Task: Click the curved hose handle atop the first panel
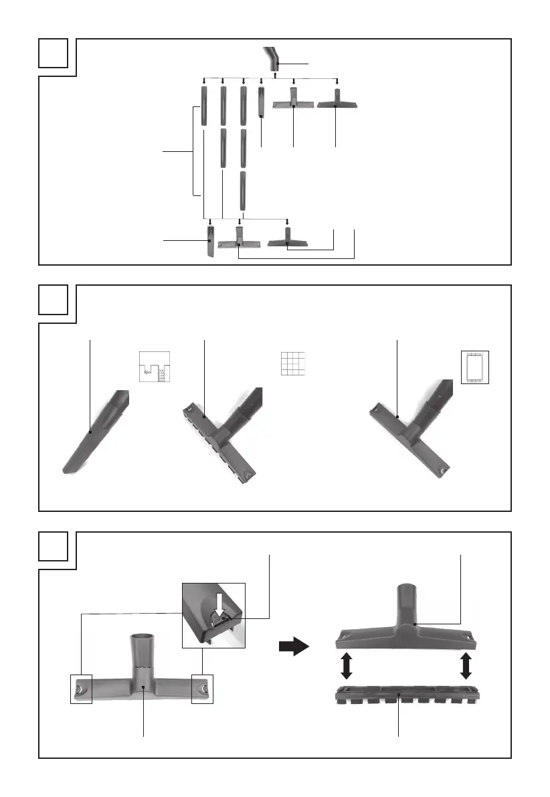[273, 59]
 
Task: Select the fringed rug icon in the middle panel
[475, 367]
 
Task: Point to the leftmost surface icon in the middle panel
[155, 367]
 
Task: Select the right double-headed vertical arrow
[466, 667]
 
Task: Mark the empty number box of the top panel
[53, 53]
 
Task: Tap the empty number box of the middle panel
[53, 299]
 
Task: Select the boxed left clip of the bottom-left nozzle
[80, 689]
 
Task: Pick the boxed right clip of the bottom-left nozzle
[202, 689]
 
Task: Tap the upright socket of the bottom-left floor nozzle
[143, 649]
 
